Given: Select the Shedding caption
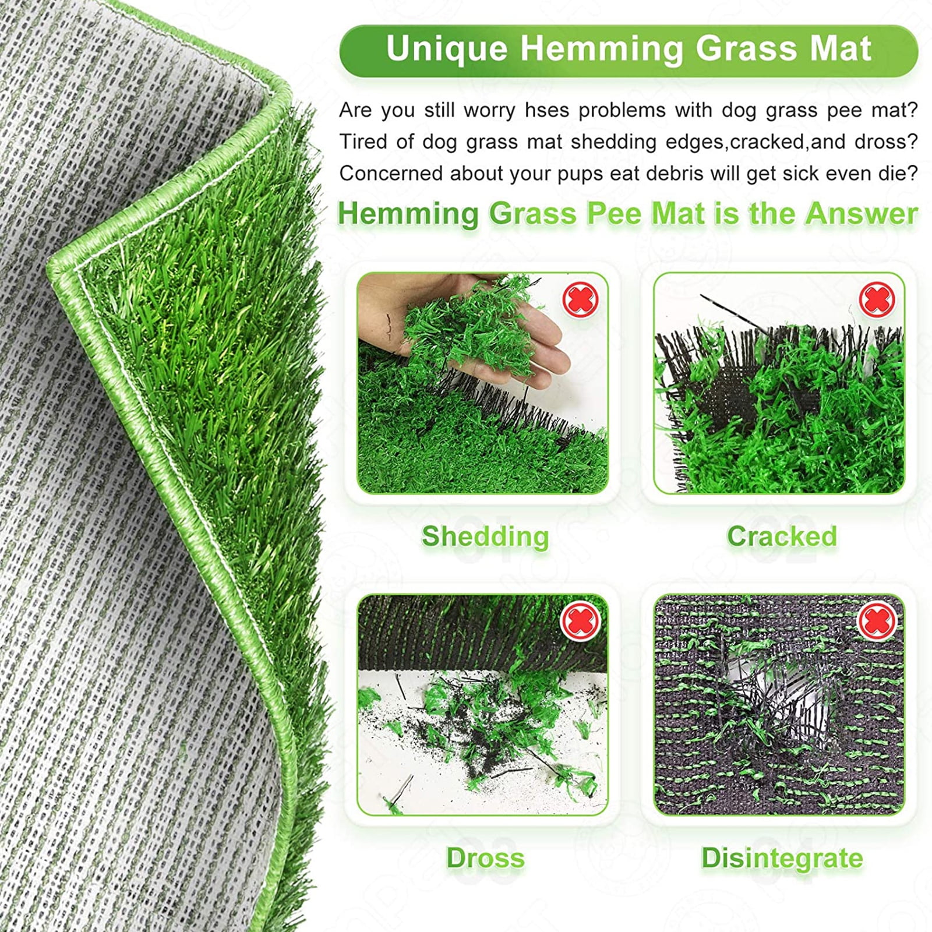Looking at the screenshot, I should coord(485,536).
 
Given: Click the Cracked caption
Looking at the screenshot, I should coord(782,536).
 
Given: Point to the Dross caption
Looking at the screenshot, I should coord(485,858).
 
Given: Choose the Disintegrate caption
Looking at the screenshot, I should coord(782,858).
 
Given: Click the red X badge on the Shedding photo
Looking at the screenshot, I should coord(580,299).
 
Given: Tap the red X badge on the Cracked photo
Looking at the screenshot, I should coord(877,299).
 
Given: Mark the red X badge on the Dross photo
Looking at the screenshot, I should coord(580,621).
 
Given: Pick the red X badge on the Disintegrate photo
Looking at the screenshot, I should coord(877,621).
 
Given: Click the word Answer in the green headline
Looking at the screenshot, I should coord(862,214).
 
